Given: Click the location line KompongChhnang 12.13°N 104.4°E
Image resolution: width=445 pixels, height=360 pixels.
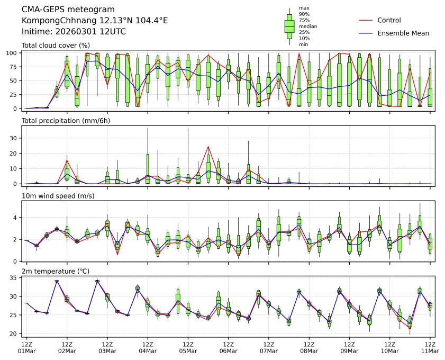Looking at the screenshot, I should (95, 21).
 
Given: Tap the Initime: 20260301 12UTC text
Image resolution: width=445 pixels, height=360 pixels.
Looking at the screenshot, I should (74, 31).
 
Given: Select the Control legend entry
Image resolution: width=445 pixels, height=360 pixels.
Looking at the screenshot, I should (389, 20).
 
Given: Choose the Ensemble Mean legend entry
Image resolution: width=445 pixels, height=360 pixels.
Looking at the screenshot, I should (403, 33).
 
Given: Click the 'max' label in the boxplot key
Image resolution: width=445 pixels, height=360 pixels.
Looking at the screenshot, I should (303, 8).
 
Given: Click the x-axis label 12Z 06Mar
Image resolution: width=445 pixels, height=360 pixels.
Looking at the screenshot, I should (228, 347).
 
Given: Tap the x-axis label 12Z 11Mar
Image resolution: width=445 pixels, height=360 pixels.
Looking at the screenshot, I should (430, 347).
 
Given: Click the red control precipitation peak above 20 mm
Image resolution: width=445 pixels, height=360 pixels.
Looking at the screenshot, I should (208, 147).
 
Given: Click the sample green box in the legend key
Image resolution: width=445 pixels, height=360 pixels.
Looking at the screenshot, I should (289, 25).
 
